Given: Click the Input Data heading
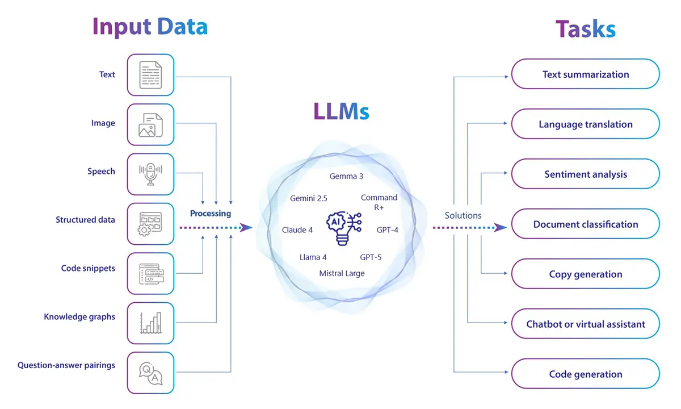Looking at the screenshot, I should pyautogui.click(x=150, y=27).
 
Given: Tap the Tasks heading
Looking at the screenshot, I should pyautogui.click(x=585, y=28).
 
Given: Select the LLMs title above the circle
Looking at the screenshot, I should pyautogui.click(x=341, y=111).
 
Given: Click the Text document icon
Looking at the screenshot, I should pyautogui.click(x=150, y=74).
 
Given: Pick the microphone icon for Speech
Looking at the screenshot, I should pyautogui.click(x=150, y=174).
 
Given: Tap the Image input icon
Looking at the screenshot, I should pyautogui.click(x=150, y=124).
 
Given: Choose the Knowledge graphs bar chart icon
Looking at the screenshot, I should pyautogui.click(x=150, y=323).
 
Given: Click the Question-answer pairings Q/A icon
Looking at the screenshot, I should pyautogui.click(x=150, y=373).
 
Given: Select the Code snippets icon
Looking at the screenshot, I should pyautogui.click(x=150, y=273).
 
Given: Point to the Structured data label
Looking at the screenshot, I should pyautogui.click(x=85, y=220).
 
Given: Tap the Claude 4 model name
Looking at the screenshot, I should pyautogui.click(x=297, y=230).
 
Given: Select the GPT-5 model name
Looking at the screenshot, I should pyautogui.click(x=371, y=257).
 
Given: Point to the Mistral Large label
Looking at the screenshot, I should pyautogui.click(x=342, y=273).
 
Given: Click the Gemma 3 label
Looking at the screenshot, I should pyautogui.click(x=346, y=176).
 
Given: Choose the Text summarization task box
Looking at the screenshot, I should pyautogui.click(x=585, y=74).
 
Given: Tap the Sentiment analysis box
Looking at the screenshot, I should pyautogui.click(x=585, y=174).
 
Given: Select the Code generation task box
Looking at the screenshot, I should pyautogui.click(x=585, y=374).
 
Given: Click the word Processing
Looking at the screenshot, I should pyautogui.click(x=211, y=214).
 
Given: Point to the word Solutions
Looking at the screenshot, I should pyautogui.click(x=463, y=215).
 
